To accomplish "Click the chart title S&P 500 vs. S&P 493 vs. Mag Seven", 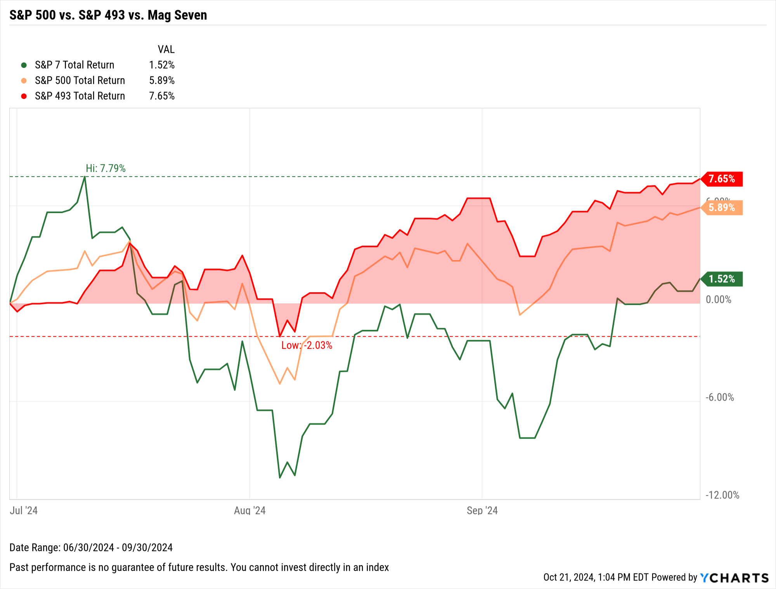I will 108,15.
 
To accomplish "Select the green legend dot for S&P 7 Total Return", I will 24,65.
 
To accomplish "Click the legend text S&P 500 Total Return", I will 80,80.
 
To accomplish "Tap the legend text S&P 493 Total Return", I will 80,96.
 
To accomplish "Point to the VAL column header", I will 166,49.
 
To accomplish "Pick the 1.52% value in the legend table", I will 162,65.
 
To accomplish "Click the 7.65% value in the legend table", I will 162,96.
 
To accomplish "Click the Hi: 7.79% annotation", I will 106,168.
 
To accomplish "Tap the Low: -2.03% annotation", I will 307,345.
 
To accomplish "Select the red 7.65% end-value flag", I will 722,179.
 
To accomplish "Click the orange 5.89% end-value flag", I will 722,208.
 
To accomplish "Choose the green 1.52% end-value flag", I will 722,279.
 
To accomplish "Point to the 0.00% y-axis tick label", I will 718,300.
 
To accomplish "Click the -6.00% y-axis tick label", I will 719,397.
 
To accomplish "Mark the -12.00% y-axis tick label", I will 722,495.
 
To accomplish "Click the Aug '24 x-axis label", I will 249,510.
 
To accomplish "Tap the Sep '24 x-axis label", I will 482,510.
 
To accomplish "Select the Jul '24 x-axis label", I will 24,510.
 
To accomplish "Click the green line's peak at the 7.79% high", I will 85,177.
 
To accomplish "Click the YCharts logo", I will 734,578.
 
